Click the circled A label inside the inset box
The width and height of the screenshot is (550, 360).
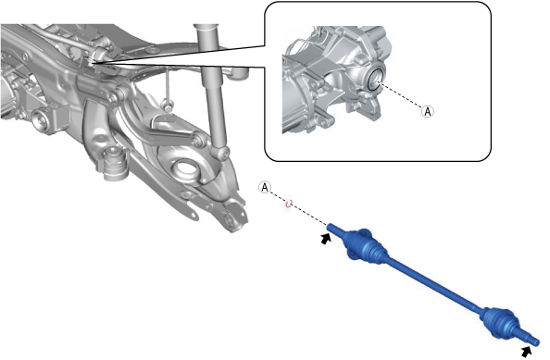click(x=427, y=111)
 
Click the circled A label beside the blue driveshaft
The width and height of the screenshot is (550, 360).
click(x=265, y=188)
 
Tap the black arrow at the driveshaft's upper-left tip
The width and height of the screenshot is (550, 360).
click(x=326, y=239)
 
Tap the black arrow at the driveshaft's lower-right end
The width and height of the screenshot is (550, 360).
click(x=526, y=352)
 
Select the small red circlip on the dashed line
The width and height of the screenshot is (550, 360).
click(x=289, y=204)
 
